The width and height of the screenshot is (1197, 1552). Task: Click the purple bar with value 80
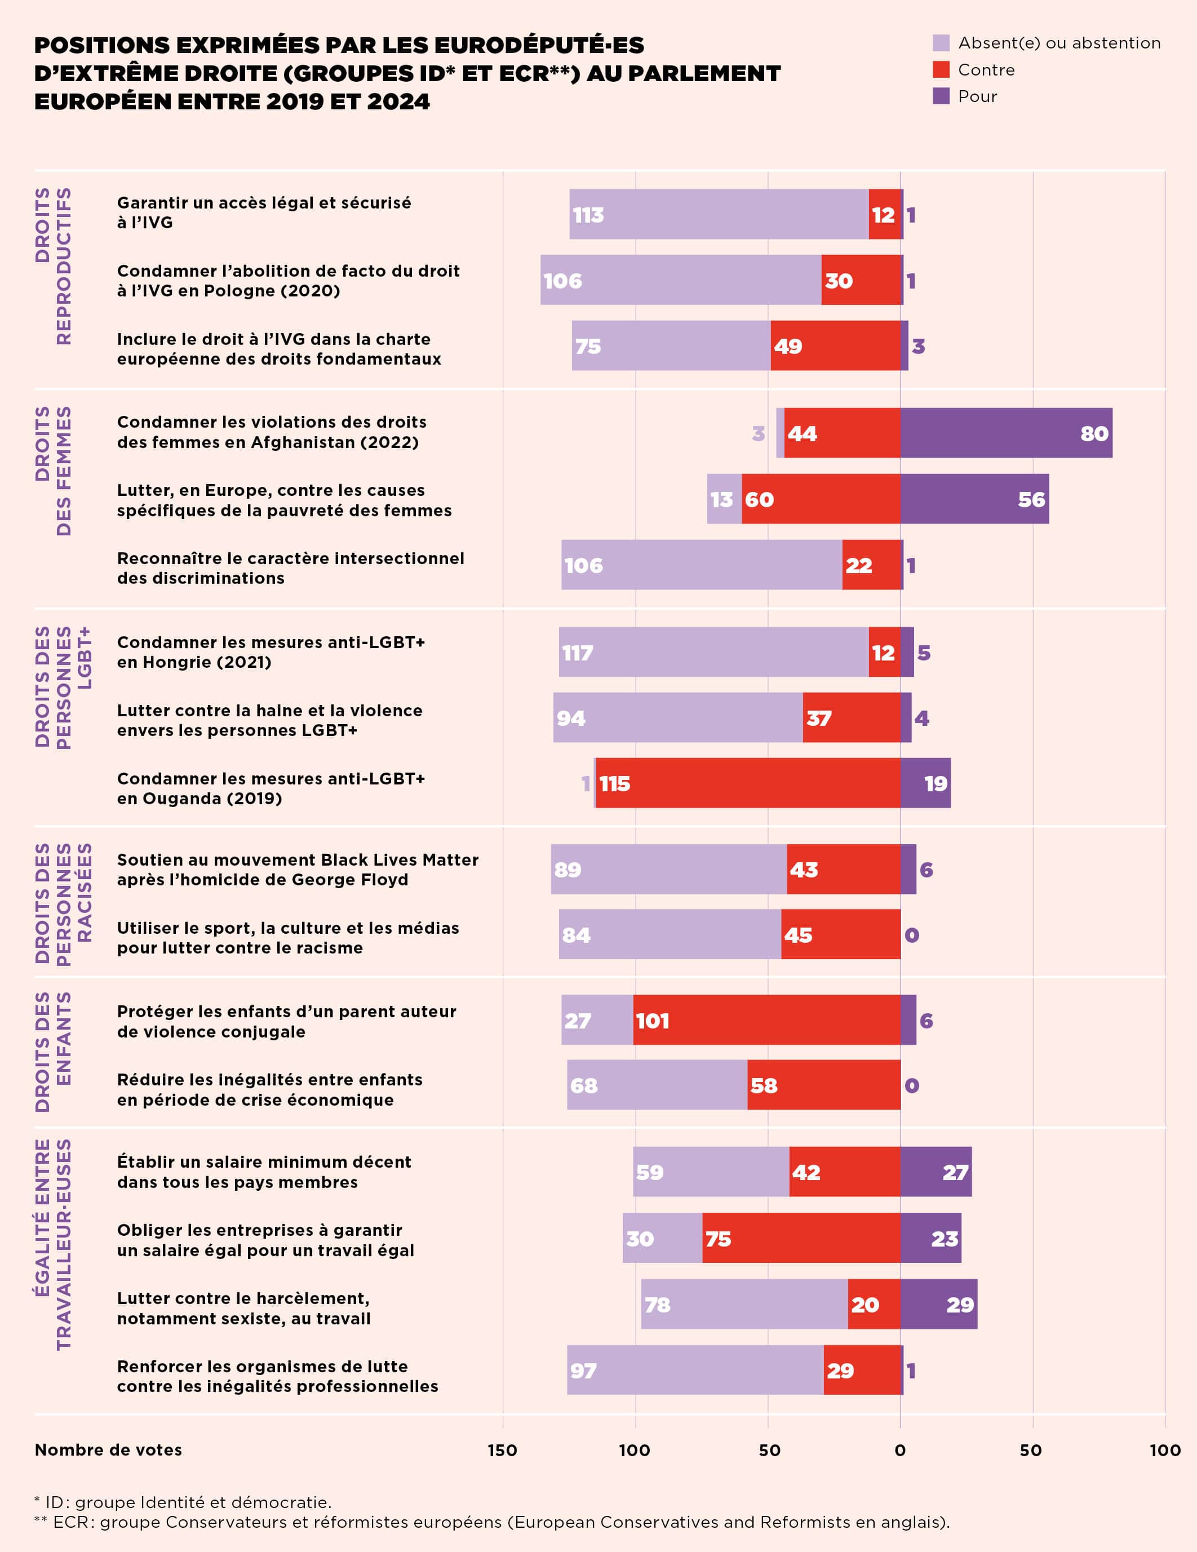1006,433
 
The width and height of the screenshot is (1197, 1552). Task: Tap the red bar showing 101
766,1020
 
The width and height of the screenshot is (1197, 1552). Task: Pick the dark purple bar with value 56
974,499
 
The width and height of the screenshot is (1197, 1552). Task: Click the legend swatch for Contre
941,70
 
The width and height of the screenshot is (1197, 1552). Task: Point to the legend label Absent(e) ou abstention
1059,43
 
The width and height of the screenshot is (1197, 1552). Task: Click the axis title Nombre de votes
108,1449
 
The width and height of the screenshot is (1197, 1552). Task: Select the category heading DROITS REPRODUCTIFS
54,267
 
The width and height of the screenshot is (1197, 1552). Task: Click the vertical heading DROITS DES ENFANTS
54,1052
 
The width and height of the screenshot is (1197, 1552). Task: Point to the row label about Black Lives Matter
297,869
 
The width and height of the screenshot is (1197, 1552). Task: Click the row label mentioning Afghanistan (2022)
272,432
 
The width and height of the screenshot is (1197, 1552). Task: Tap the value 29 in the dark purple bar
960,1305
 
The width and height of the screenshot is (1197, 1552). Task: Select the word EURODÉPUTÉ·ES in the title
538,45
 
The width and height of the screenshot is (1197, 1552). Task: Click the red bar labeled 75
800,1239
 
